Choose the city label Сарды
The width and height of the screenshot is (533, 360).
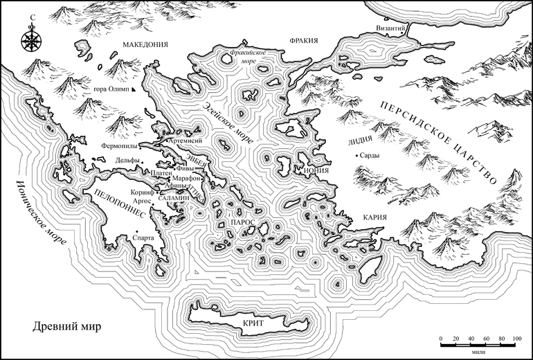click(x=369, y=156)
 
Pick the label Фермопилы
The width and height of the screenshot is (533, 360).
click(x=120, y=146)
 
